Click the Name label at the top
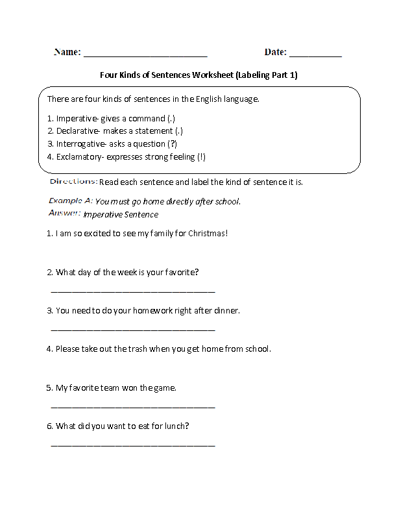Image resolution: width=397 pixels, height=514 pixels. (67, 52)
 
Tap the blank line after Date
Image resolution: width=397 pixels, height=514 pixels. (315, 56)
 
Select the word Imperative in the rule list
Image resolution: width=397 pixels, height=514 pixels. (76, 119)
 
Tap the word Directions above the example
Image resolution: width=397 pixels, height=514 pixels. (73, 182)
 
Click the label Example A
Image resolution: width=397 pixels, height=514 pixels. (70, 201)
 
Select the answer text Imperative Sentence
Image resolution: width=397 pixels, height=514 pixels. (121, 214)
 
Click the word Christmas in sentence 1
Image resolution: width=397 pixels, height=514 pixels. (207, 233)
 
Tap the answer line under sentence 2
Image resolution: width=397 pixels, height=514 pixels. (132, 291)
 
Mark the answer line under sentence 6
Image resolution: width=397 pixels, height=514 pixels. (132, 445)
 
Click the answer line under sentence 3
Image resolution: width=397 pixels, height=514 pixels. (132, 330)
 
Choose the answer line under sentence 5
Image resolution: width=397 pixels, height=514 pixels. (132, 407)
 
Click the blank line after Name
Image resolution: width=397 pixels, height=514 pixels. (145, 56)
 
